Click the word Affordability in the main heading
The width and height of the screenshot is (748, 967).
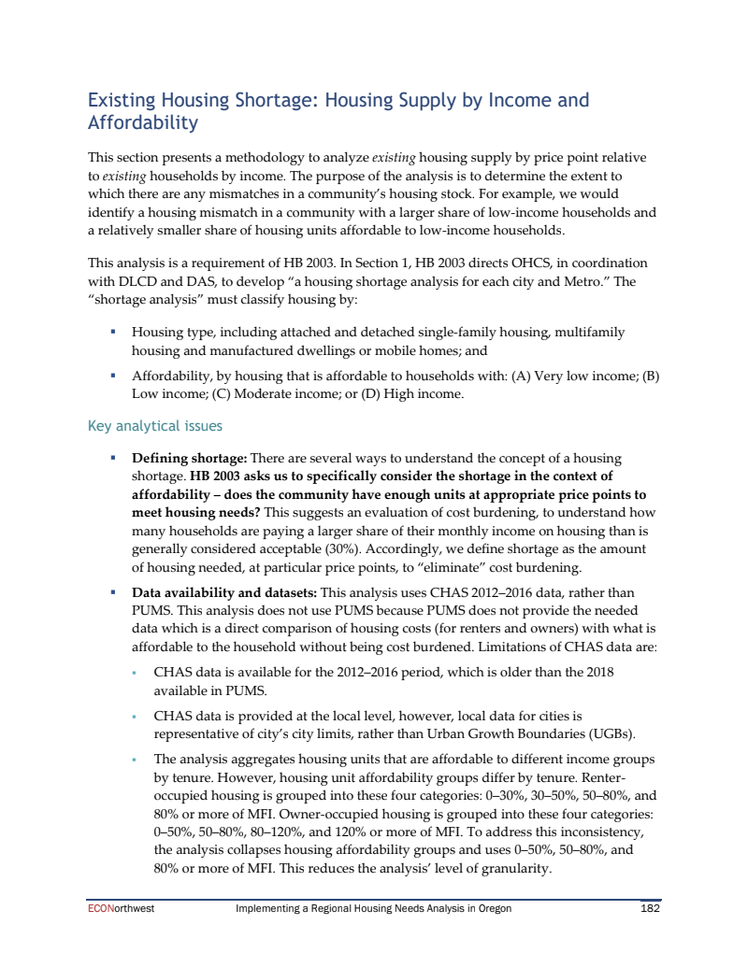(142, 122)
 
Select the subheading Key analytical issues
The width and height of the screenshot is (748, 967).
(154, 426)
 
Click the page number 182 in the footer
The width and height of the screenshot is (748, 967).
(650, 908)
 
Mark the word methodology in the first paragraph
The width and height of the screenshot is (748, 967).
(265, 157)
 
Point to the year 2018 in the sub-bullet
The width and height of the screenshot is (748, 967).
(597, 671)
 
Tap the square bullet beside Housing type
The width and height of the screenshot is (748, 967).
(113, 332)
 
